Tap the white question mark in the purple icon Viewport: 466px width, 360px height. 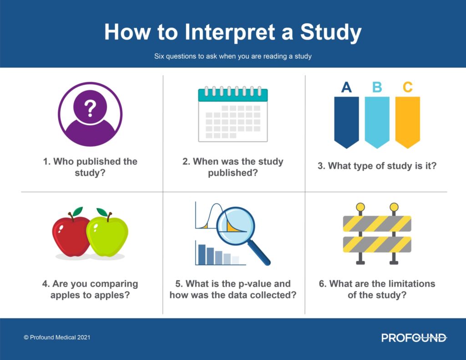(90, 108)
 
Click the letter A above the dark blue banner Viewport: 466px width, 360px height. (346, 87)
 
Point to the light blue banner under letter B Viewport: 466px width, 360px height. (377, 121)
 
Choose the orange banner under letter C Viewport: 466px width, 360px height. (407, 121)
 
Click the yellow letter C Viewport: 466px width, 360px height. (408, 87)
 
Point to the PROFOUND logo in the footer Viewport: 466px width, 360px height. (414, 338)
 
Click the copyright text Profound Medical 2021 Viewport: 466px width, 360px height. (57, 338)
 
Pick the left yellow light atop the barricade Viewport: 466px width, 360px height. (360, 208)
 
